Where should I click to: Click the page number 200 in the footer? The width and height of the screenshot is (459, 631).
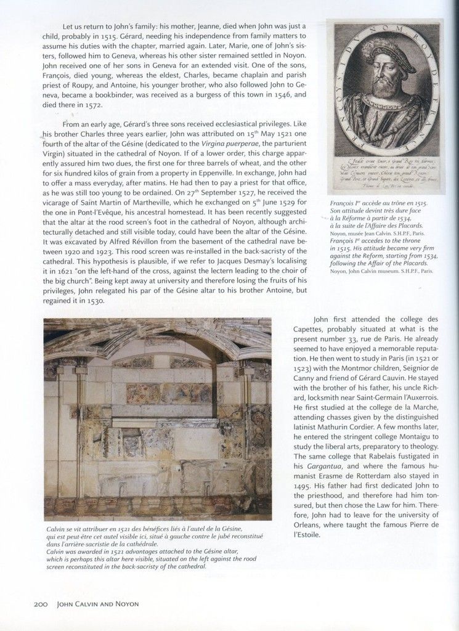tap(41, 605)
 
